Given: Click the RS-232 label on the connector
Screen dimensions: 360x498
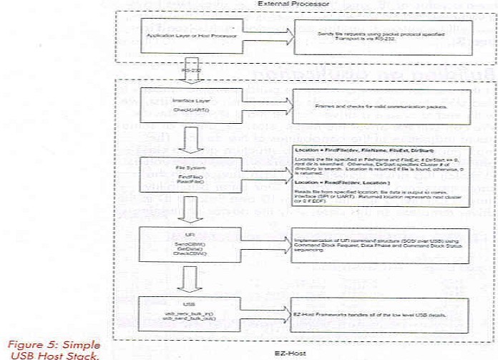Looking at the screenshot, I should click(x=191, y=71).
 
